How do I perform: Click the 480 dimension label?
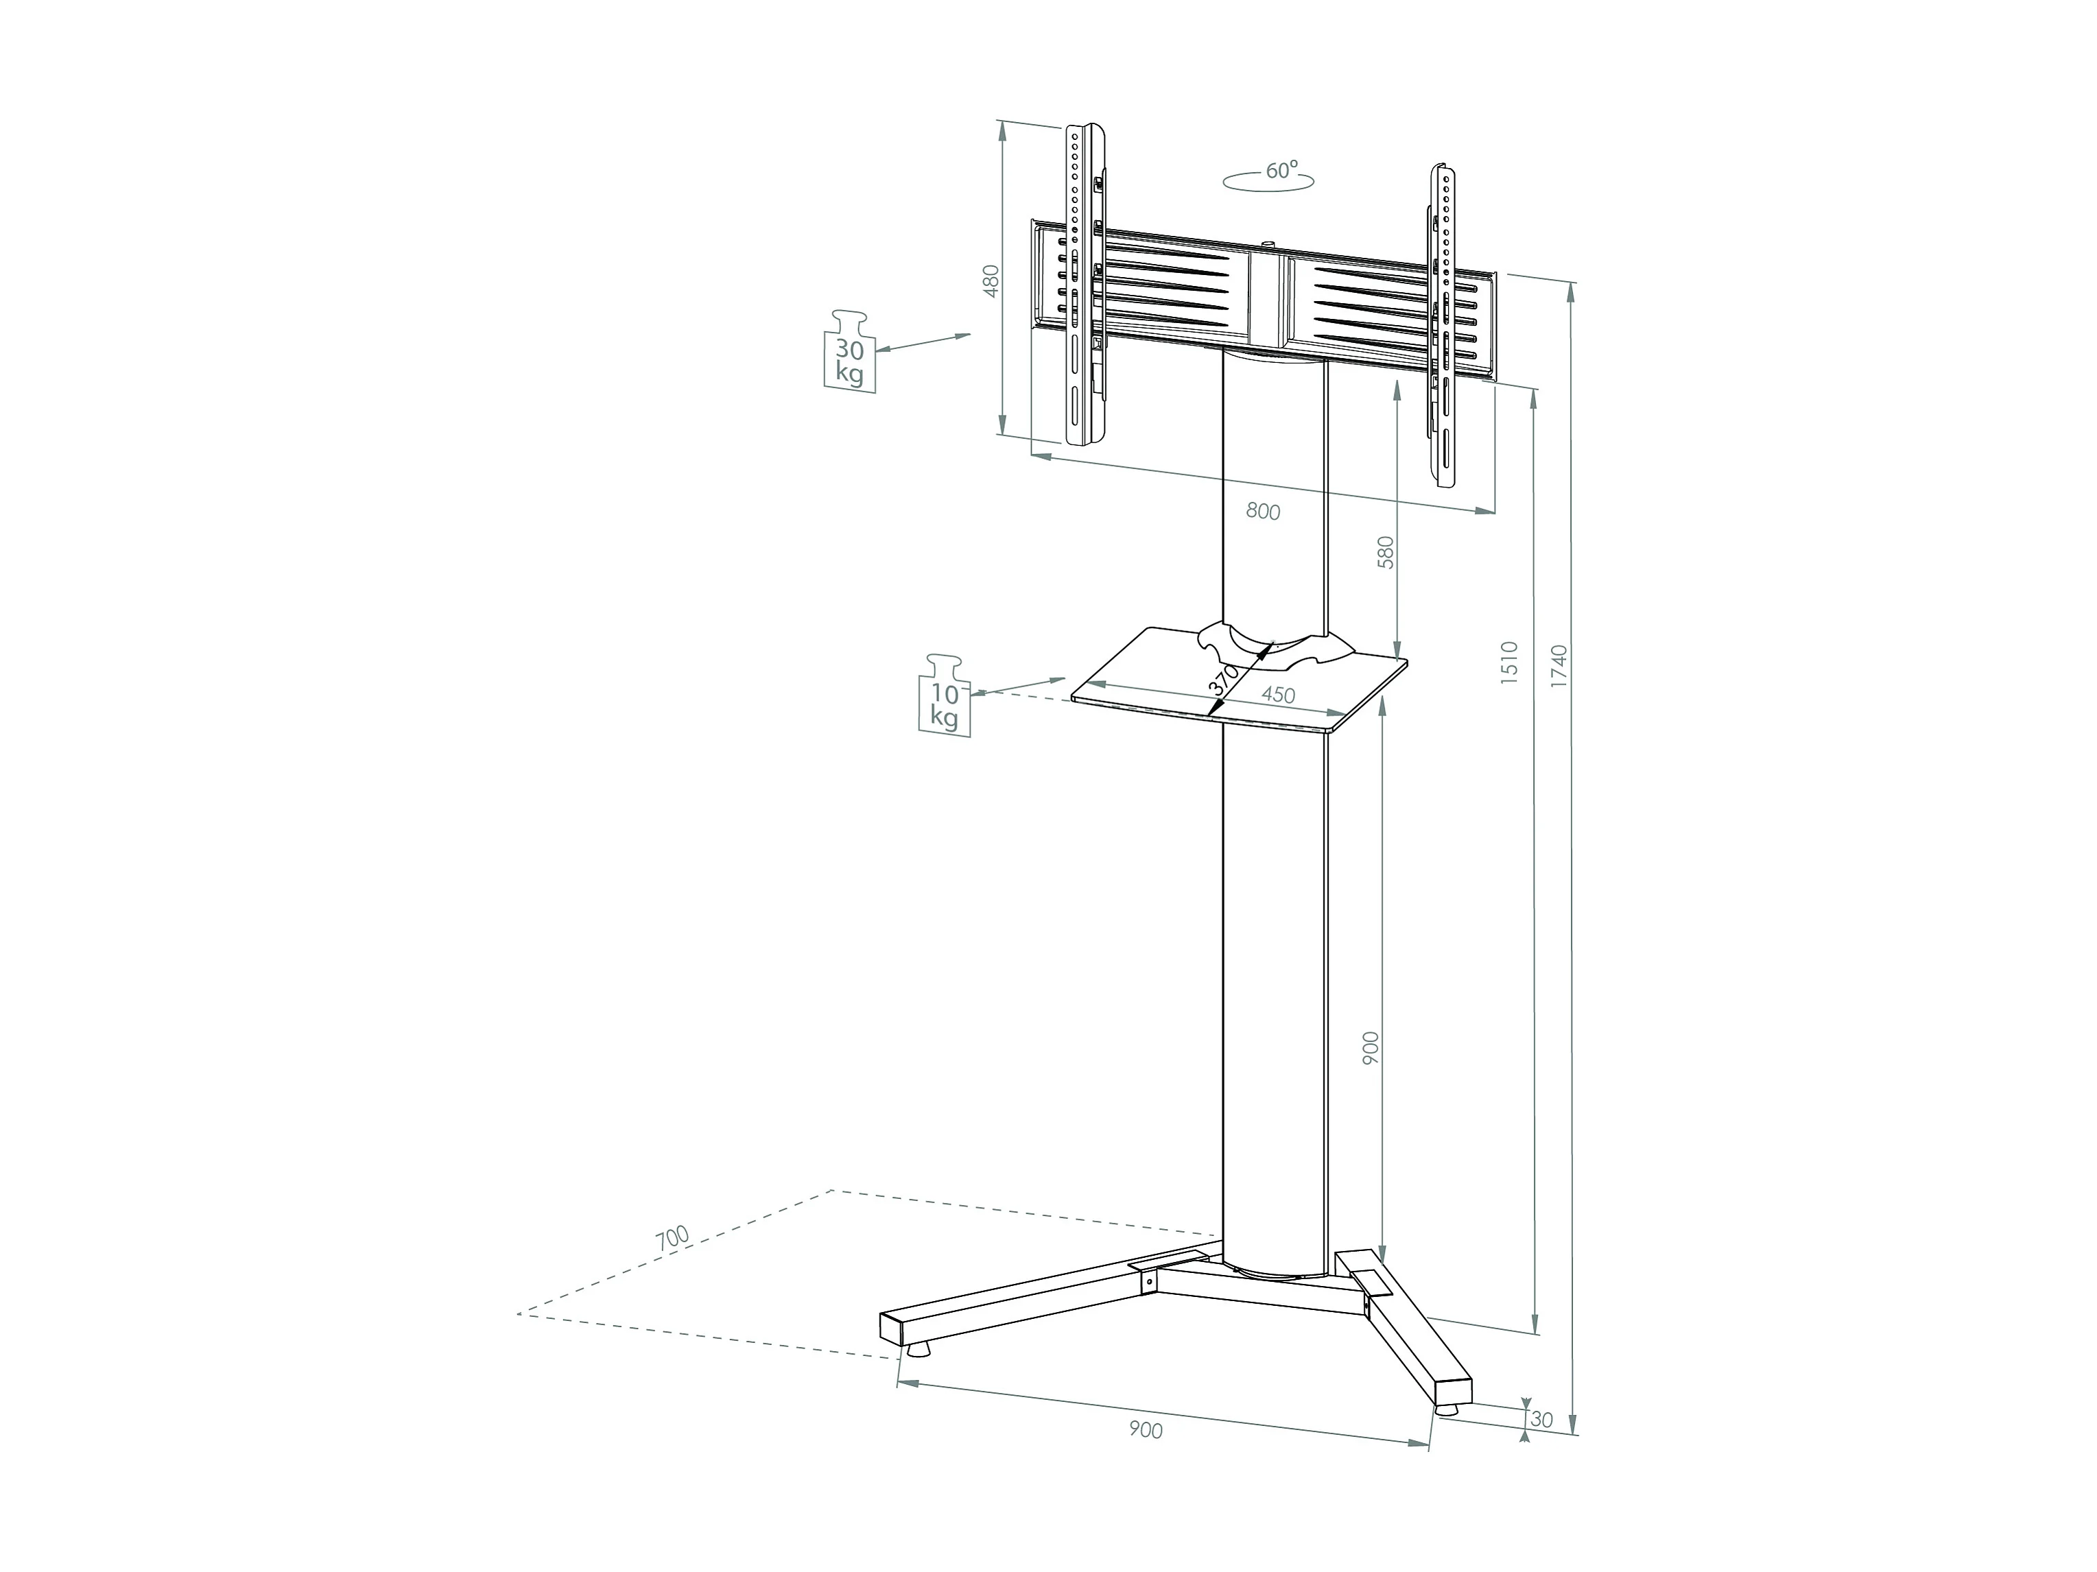coord(992,281)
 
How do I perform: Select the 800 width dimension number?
coord(1263,512)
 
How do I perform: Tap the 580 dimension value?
coord(1386,552)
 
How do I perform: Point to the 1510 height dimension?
coord(1510,662)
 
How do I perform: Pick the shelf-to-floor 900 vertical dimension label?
coord(1371,1048)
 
